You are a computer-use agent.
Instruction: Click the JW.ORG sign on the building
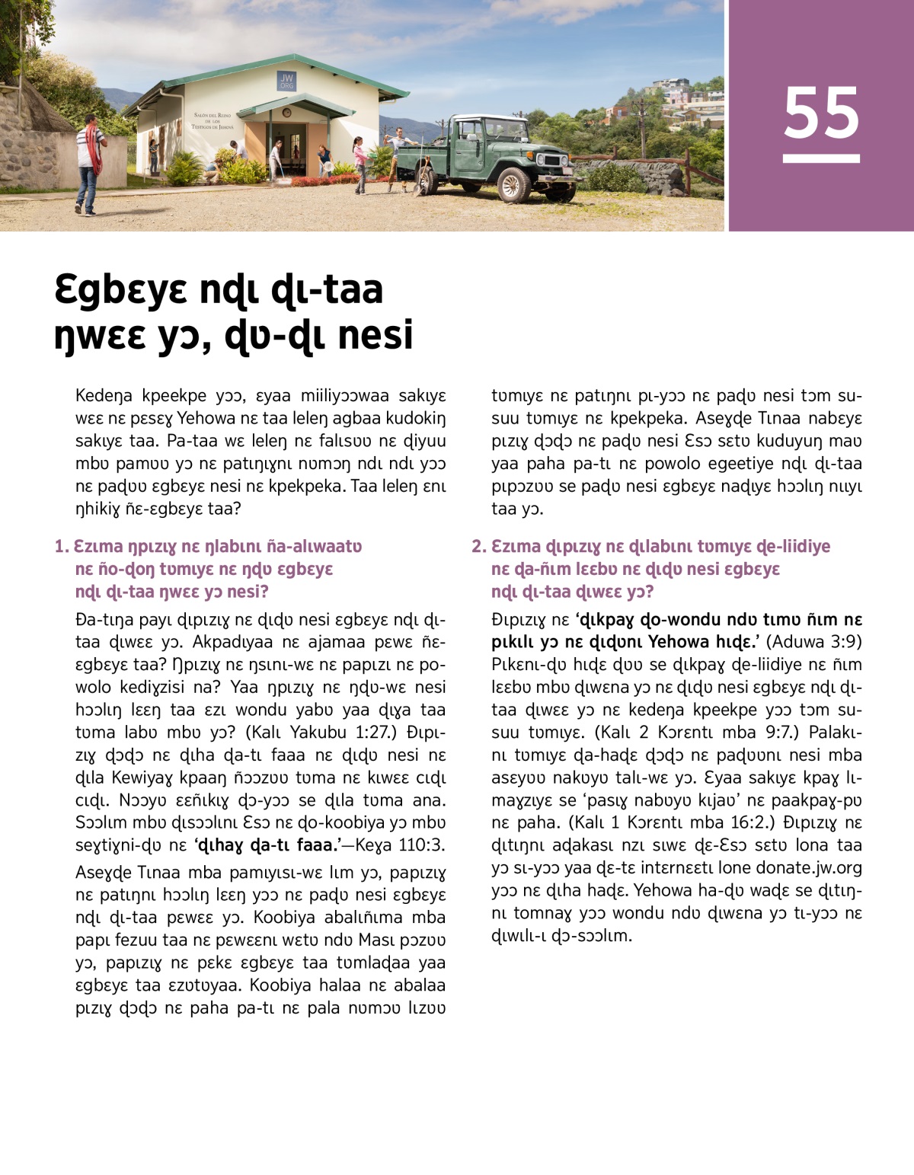click(286, 81)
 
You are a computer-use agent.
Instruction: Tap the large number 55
click(821, 112)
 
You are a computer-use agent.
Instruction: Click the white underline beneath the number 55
click(821, 159)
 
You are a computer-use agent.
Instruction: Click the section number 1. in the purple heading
click(62, 547)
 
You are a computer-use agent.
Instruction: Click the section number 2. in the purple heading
click(478, 547)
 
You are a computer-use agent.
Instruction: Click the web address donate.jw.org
click(797, 867)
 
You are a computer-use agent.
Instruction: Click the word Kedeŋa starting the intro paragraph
click(104, 396)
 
